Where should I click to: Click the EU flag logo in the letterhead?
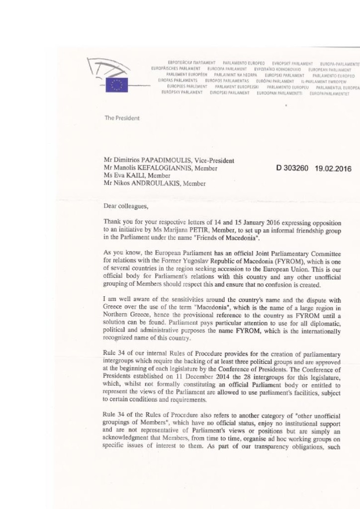[x=117, y=85]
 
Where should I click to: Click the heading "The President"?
[x=122, y=118]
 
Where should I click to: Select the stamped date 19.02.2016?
[x=333, y=169]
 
